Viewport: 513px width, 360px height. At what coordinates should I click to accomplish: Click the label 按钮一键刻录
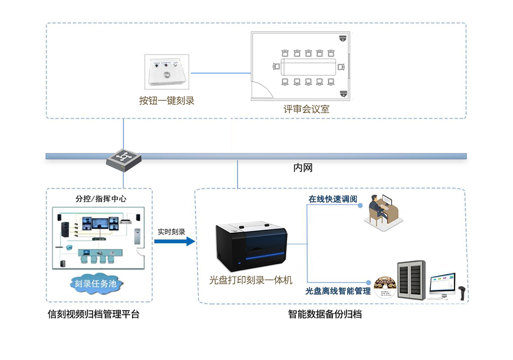(x=167, y=101)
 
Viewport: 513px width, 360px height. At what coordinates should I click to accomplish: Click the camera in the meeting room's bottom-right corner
(x=343, y=94)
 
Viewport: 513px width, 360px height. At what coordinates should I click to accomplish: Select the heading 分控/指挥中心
(x=101, y=199)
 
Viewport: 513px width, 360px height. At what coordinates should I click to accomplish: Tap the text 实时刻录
(x=171, y=232)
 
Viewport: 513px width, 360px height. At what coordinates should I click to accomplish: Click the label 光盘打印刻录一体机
(x=251, y=280)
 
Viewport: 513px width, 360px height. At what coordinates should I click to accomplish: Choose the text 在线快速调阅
(x=332, y=199)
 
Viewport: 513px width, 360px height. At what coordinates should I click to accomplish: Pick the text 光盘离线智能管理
(x=338, y=291)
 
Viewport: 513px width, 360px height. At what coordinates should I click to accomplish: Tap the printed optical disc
(x=385, y=287)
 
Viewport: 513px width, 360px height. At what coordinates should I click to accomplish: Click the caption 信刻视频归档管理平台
(x=94, y=315)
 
